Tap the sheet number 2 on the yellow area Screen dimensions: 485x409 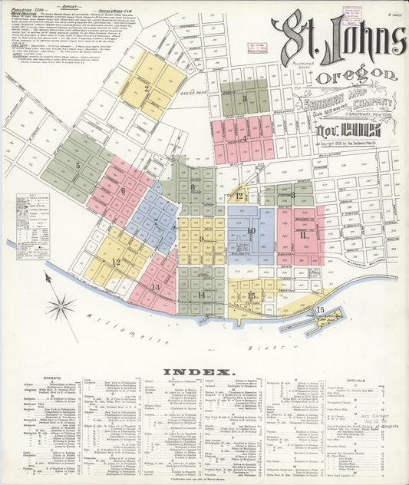tap(147, 87)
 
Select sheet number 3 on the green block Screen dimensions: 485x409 tap(244, 98)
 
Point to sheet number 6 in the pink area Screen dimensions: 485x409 tap(123, 190)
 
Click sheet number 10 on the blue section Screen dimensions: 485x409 tap(250, 230)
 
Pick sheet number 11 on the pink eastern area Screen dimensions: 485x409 tap(303, 234)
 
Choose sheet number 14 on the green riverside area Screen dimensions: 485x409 tap(201, 294)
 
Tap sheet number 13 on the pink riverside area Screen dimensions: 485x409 tap(155, 287)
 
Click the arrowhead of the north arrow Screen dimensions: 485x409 tap(48, 275)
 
